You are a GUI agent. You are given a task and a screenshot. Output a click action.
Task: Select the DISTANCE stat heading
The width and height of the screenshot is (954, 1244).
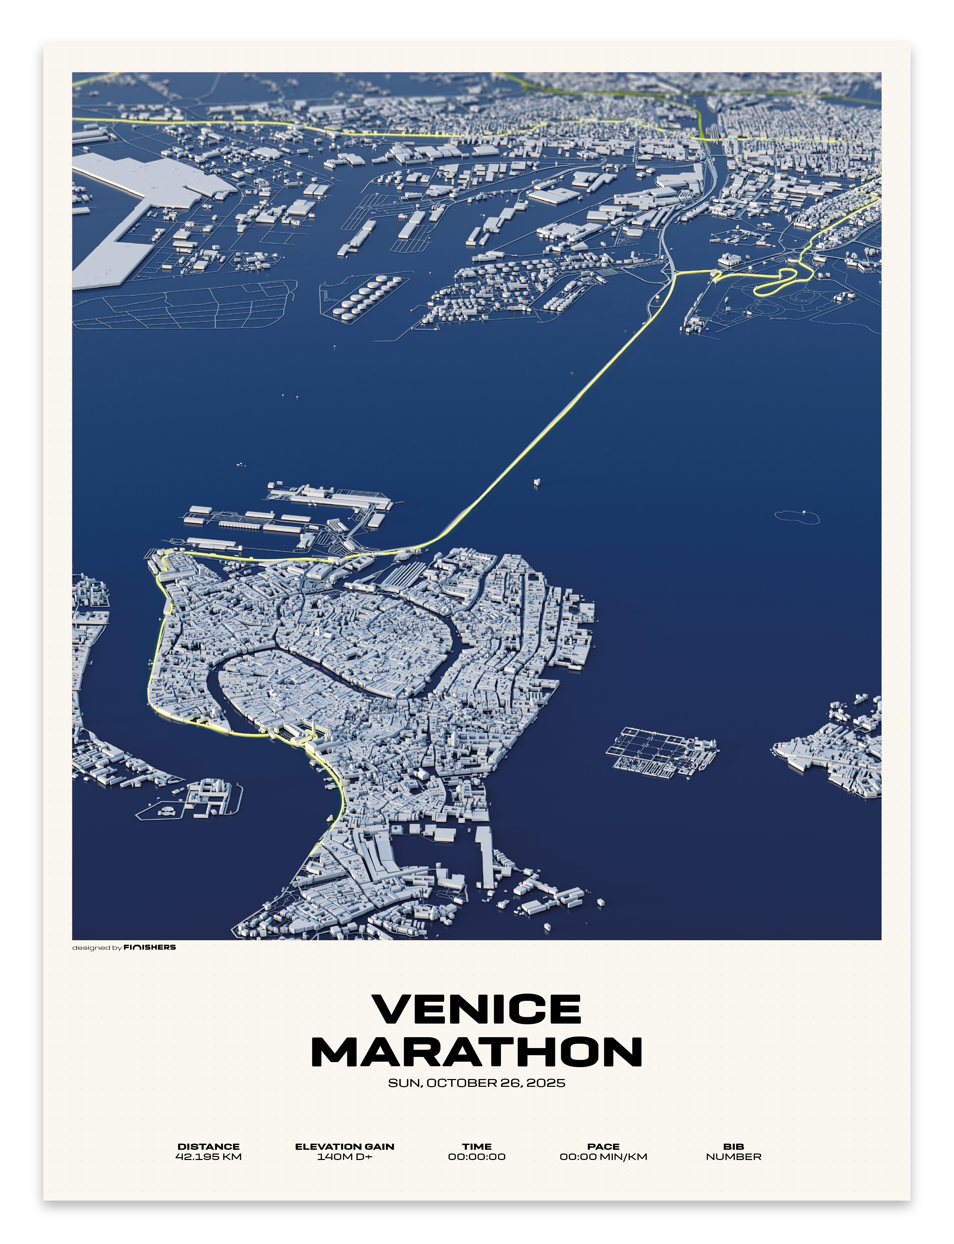208,1146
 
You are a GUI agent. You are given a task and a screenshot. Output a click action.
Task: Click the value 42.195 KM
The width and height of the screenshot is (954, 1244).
208,1157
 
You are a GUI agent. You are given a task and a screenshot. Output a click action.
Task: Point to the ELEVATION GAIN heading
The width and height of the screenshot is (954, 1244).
344,1146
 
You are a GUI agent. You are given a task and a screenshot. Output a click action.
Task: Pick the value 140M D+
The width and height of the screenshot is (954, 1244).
344,1157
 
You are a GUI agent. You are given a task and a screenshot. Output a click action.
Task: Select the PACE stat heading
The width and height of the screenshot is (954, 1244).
603,1146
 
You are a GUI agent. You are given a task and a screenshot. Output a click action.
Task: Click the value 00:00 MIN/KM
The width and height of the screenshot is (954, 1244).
603,1157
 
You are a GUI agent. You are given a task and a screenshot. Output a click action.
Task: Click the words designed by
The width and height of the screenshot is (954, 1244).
97,948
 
